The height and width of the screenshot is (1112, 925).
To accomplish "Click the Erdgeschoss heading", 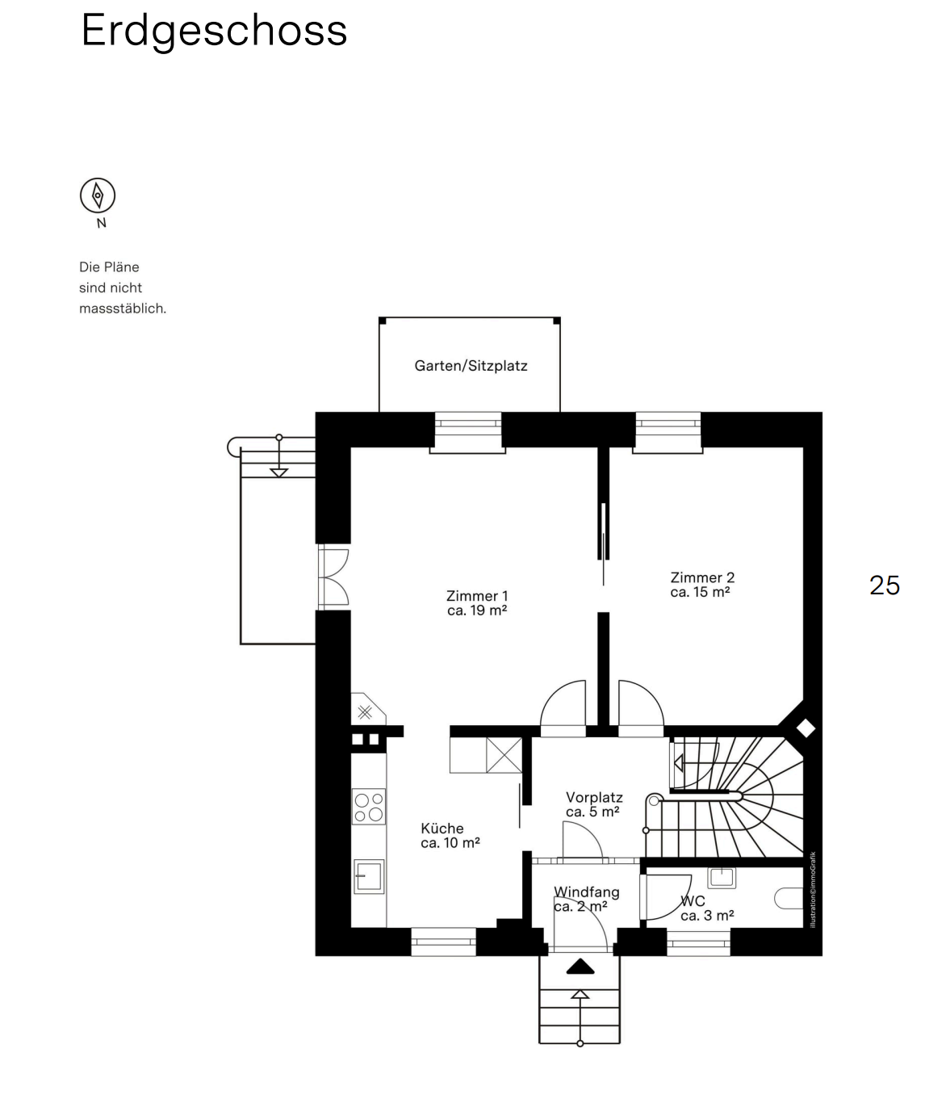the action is click(214, 31).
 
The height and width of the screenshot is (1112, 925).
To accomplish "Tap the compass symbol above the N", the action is click(98, 195).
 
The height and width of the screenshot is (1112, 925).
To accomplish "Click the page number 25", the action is click(885, 585).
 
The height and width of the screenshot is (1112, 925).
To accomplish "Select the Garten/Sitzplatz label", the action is click(471, 365).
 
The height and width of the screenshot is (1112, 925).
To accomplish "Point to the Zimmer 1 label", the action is click(477, 603).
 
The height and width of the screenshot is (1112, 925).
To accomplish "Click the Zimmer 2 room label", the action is click(702, 584).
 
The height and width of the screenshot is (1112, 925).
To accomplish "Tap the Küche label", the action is click(450, 835).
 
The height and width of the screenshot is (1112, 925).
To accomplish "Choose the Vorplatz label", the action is click(594, 804).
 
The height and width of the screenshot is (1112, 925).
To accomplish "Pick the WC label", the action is click(707, 908).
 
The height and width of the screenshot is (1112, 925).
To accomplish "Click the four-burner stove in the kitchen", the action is click(369, 806).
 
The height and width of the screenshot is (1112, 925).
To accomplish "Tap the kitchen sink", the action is click(369, 876).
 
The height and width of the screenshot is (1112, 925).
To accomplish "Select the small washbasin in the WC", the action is click(722, 877).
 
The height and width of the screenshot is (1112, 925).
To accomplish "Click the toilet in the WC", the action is click(789, 898).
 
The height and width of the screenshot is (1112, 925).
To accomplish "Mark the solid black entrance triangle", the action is click(580, 967).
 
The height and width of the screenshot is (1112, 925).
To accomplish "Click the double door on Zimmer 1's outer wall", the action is click(333, 577).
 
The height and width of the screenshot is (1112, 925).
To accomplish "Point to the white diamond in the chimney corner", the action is click(806, 728).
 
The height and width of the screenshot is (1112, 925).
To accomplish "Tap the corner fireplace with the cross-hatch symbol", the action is click(366, 709).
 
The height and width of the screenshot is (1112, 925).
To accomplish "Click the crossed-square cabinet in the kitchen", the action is click(504, 754).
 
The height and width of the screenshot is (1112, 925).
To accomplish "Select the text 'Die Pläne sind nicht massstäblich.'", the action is click(123, 287).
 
